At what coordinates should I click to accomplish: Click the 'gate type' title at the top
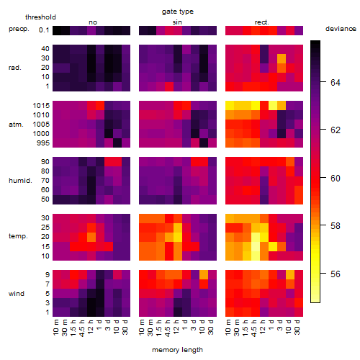click(178, 12)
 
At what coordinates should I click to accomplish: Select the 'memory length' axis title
click(177, 350)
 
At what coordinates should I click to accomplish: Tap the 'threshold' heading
click(40, 17)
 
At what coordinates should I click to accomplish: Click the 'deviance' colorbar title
click(341, 29)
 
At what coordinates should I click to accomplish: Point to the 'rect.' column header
click(262, 22)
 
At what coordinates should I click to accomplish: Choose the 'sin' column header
click(177, 22)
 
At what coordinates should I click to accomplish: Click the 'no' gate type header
click(93, 22)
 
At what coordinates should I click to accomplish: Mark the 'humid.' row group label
click(20, 181)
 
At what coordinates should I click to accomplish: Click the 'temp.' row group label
click(18, 236)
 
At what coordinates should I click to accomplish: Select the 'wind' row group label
click(17, 294)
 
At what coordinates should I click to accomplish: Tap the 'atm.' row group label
click(16, 125)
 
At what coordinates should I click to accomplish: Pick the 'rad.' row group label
click(15, 68)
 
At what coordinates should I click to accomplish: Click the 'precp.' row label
click(19, 29)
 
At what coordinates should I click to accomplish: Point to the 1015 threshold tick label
click(41, 106)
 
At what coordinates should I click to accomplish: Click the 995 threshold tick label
click(43, 143)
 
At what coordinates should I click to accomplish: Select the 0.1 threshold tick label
click(44, 30)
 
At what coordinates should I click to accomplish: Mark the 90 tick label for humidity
click(45, 162)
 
